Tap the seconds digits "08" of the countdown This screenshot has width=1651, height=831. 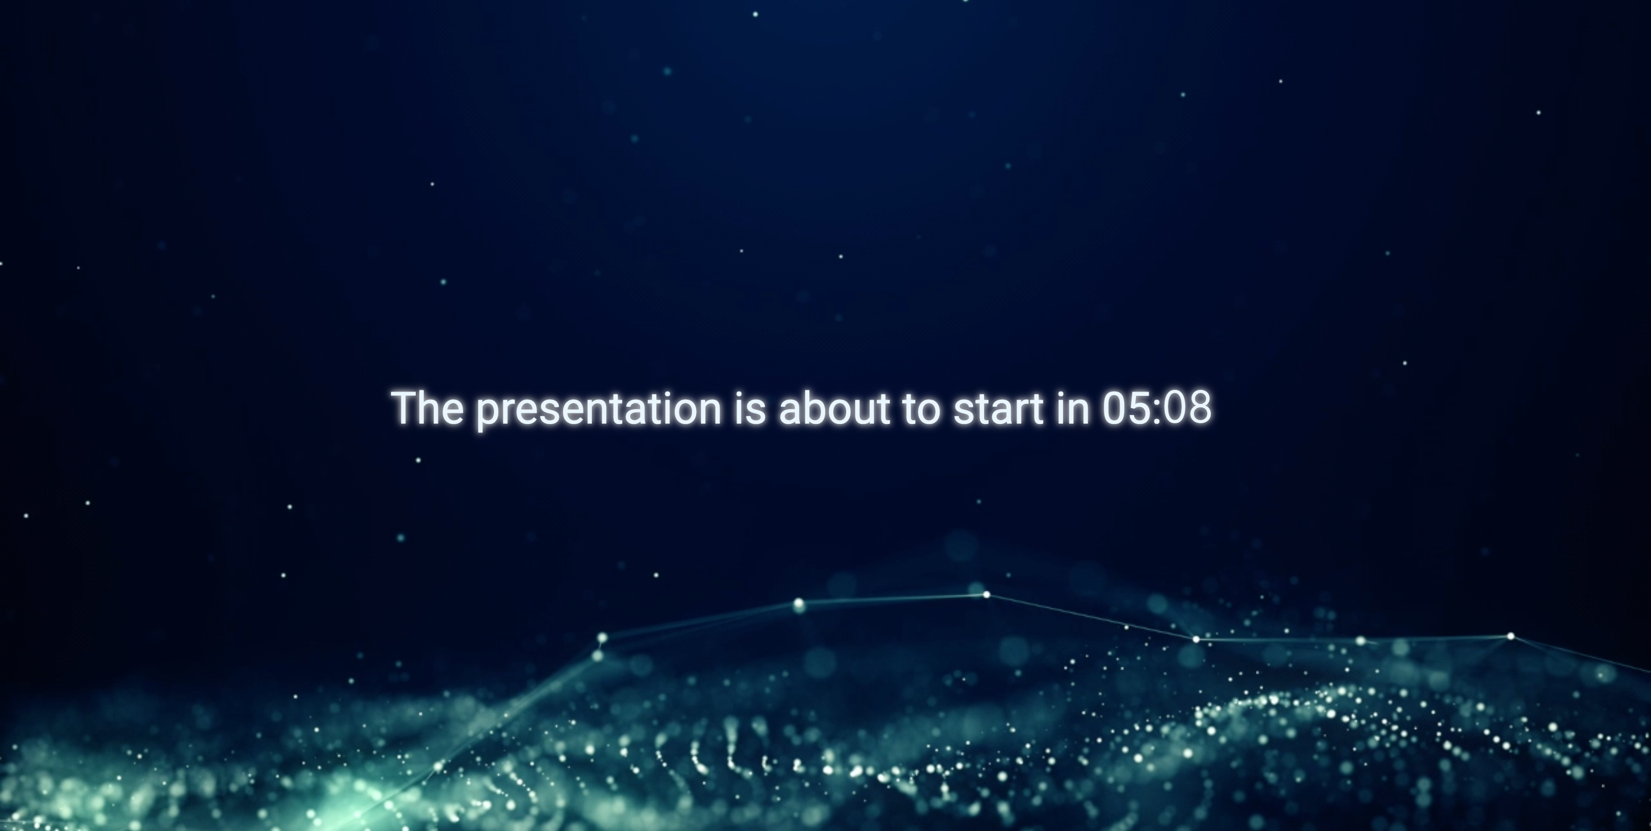point(1187,407)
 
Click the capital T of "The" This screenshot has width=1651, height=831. point(406,407)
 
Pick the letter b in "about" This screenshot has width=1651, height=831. point(813,407)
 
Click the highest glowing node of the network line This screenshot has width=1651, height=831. point(986,595)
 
